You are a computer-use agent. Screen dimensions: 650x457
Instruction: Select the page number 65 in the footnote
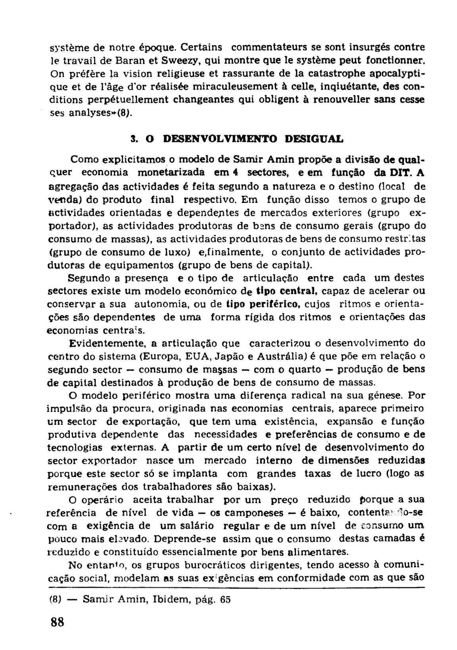tap(225, 599)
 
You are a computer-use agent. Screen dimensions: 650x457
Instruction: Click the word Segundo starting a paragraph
tap(90, 278)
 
